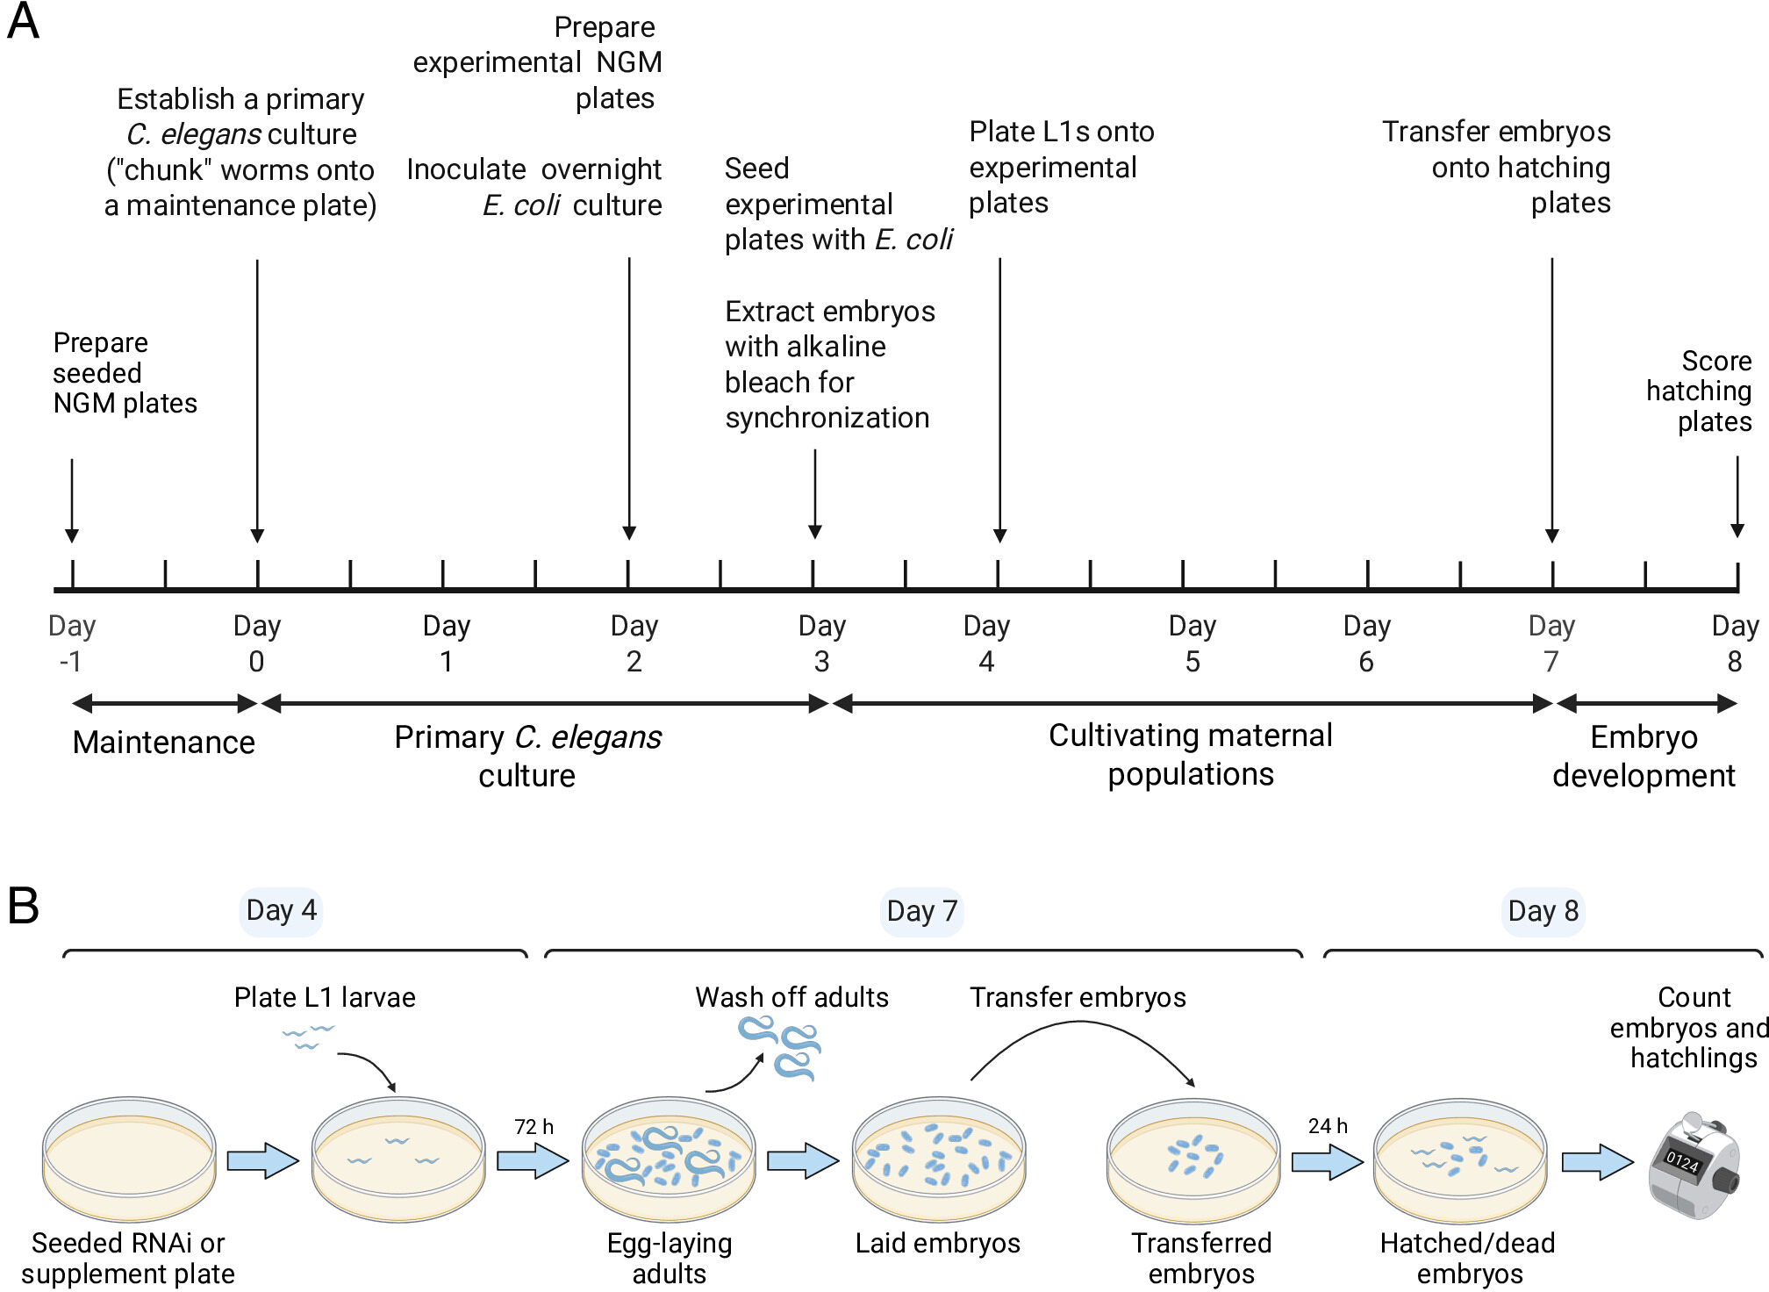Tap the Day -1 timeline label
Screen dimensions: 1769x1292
tap(71, 643)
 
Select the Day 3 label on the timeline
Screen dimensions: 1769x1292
tap(821, 643)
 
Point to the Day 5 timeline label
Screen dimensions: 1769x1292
tap(1192, 643)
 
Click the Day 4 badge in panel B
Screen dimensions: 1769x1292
tap(281, 911)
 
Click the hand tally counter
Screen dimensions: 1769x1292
tap(1694, 1166)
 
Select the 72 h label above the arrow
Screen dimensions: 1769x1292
tap(534, 1126)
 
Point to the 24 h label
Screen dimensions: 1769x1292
tap(1328, 1125)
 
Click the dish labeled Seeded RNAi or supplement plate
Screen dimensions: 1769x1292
tap(129, 1159)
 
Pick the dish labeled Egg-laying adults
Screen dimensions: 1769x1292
tap(669, 1159)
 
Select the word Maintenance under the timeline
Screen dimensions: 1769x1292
tap(163, 743)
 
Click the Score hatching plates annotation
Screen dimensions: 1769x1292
tap(1699, 391)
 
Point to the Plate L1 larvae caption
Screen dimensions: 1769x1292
tap(325, 998)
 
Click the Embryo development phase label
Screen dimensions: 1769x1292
tap(1644, 757)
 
